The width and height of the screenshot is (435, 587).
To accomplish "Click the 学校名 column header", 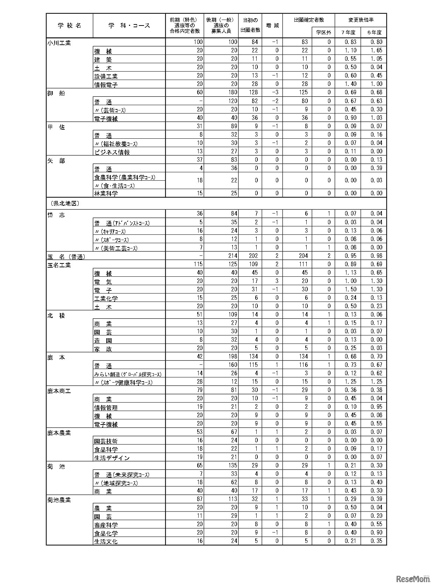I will [69, 26].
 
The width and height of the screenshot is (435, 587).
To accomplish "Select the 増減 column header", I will [272, 26].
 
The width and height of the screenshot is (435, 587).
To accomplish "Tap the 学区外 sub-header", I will [323, 32].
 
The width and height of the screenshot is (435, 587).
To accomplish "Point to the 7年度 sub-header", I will [348, 32].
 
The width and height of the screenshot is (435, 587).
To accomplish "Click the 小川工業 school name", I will [59, 43].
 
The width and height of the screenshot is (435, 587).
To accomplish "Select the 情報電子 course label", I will [106, 85].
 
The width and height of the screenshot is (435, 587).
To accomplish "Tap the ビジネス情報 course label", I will [112, 152].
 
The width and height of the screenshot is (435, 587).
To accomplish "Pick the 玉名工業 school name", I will [59, 265].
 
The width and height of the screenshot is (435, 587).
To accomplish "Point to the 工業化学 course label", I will [106, 298].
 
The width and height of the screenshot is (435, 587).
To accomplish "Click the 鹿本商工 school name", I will [59, 391].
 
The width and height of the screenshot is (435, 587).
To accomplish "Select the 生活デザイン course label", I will [112, 458].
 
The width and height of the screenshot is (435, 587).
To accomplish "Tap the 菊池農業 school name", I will [59, 500].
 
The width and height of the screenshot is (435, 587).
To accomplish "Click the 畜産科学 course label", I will [106, 525].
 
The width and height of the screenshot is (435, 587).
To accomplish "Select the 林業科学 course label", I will [106, 193].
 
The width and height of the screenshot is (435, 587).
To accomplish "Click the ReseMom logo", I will [414, 579].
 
